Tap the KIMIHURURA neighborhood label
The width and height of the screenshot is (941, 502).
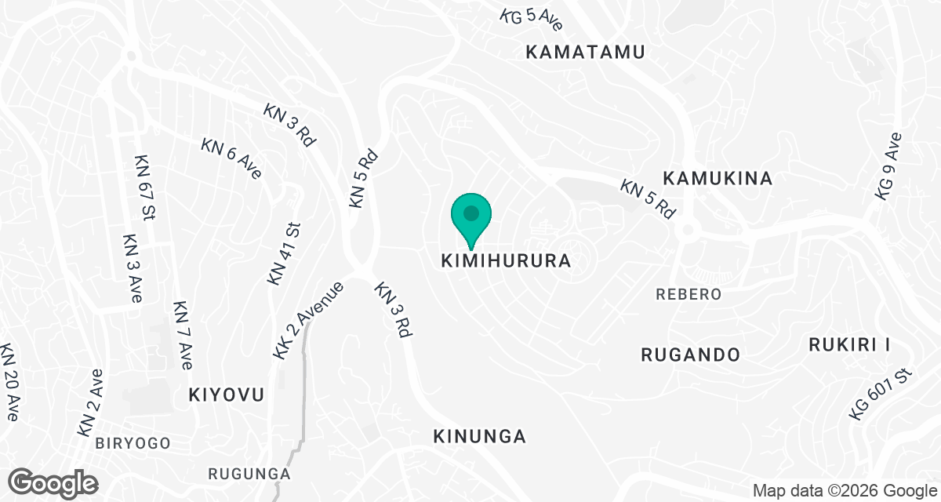505,260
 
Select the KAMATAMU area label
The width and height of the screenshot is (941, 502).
585,53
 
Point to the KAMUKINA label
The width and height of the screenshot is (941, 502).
718,178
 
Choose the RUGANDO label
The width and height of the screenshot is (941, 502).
690,355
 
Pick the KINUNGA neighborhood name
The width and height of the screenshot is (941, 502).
479,436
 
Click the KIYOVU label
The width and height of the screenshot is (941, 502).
226,395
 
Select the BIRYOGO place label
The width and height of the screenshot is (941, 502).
133,443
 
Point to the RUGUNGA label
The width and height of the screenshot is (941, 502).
249,474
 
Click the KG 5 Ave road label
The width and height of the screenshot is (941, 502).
532,20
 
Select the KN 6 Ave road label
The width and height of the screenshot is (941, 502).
231,158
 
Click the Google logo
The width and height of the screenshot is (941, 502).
53,482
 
